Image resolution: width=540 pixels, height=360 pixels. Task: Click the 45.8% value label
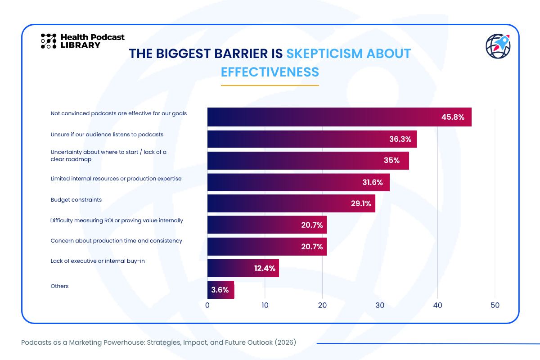click(453, 117)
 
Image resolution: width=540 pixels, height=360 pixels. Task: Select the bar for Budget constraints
click(291, 203)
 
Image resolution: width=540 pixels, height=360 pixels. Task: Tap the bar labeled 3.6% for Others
click(220, 290)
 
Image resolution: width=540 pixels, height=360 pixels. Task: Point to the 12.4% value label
click(265, 268)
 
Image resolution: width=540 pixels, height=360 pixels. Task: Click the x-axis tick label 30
click(380, 305)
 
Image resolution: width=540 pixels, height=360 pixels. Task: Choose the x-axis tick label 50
click(495, 305)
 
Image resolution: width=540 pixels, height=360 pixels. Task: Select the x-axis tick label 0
click(207, 305)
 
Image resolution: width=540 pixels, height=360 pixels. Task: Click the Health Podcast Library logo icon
click(49, 41)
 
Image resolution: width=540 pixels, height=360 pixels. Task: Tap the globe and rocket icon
click(498, 46)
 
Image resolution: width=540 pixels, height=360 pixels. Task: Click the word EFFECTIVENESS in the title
click(270, 72)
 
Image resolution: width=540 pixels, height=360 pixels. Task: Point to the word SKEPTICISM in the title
click(324, 54)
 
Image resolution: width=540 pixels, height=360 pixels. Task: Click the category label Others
click(59, 286)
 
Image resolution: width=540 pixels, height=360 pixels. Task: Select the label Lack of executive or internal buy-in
click(98, 261)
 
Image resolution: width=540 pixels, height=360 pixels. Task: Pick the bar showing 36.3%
click(312, 139)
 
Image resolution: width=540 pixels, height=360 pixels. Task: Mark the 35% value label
click(392, 160)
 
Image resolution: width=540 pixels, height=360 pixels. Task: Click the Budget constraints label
click(76, 200)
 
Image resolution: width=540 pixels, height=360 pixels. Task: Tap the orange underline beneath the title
click(270, 85)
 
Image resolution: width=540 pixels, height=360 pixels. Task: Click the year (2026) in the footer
click(285, 342)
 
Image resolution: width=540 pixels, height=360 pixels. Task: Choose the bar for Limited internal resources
click(298, 182)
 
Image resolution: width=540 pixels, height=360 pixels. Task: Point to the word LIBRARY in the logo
click(80, 45)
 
